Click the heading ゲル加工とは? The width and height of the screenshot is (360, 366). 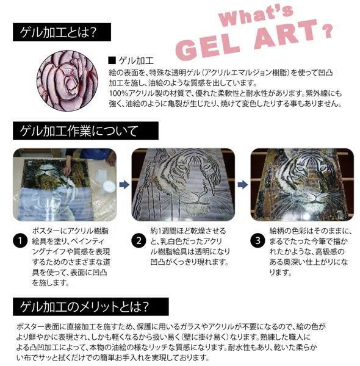tap(58, 32)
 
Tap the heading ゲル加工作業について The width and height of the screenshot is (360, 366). tap(79, 131)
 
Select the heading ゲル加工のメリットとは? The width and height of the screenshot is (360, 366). tap(84, 306)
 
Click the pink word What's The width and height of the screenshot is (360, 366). tap(256, 15)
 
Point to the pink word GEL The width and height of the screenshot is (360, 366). tap(207, 48)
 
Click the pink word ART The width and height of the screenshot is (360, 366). tap(286, 34)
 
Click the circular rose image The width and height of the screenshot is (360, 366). tap(67, 81)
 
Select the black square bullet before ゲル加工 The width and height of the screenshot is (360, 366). tap(112, 60)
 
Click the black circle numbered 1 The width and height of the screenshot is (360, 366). tap(20, 241)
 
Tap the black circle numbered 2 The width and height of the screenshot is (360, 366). tap(139, 241)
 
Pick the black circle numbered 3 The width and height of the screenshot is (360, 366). tap(257, 241)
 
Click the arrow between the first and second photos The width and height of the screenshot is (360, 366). tap(124, 184)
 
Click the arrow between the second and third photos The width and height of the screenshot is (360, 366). tap(243, 184)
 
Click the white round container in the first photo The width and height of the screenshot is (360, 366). tap(109, 186)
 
